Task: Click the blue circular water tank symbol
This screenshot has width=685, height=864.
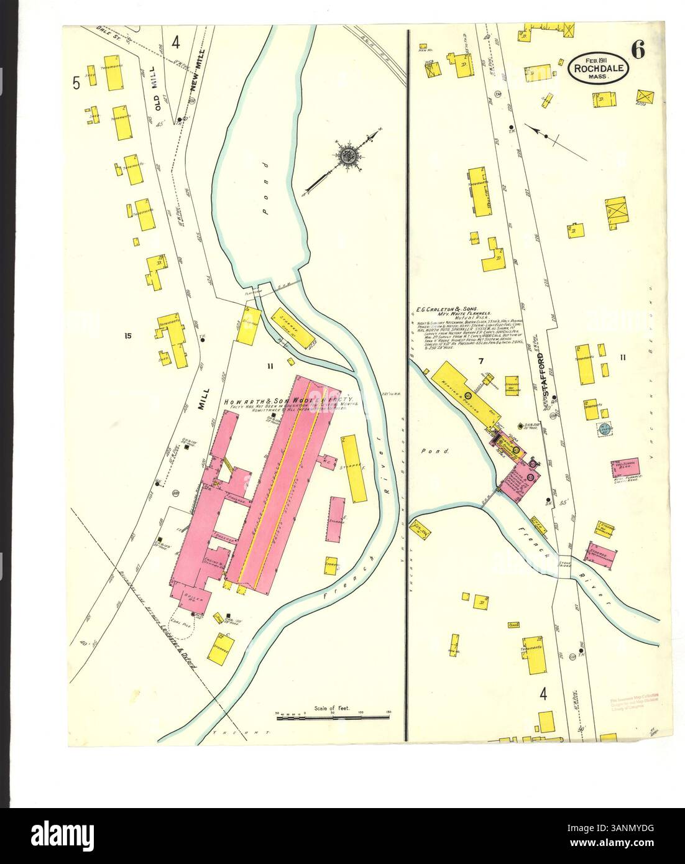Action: [603, 428]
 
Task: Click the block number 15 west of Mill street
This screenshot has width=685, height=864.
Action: [128, 337]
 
